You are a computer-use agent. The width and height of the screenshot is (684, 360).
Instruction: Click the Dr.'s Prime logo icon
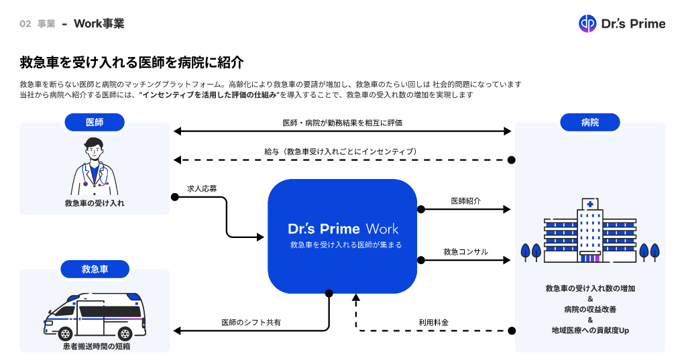(x=587, y=23)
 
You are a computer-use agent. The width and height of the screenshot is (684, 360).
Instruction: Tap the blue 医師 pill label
(x=95, y=122)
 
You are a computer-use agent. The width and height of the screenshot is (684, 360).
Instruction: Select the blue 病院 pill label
(x=589, y=122)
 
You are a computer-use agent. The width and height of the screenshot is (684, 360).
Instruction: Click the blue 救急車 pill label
(x=95, y=269)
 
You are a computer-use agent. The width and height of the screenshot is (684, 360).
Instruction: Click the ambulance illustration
(x=95, y=315)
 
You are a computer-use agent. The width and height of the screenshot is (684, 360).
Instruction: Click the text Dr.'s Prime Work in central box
(x=343, y=228)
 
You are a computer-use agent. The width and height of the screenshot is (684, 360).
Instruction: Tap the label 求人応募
(x=202, y=188)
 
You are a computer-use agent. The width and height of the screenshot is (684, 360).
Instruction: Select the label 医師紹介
(x=465, y=200)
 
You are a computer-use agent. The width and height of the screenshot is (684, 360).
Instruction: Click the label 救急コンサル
(x=465, y=251)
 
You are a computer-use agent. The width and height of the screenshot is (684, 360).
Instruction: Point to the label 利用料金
(x=433, y=322)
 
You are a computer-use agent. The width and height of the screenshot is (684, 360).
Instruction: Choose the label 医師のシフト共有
(x=251, y=322)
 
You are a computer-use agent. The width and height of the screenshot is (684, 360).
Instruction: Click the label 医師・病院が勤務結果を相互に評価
(x=343, y=123)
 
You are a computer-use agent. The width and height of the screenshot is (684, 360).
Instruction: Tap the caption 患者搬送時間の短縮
(x=95, y=346)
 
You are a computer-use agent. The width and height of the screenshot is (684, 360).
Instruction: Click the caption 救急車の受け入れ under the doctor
(x=95, y=202)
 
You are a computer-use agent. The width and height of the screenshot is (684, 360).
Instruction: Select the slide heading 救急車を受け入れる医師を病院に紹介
(x=131, y=63)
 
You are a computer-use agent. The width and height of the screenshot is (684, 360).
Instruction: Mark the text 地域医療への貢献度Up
(x=589, y=331)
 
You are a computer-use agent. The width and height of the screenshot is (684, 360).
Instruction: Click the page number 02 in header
(x=25, y=23)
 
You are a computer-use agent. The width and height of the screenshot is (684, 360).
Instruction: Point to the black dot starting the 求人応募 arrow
(x=174, y=196)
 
